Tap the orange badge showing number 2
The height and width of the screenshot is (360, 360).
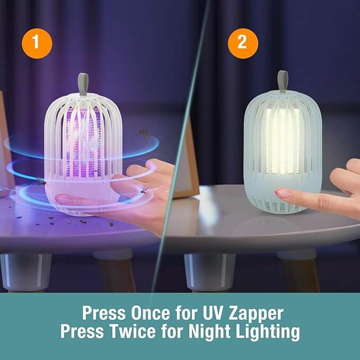(x=242, y=42)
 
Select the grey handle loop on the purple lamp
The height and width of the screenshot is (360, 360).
(x=83, y=84)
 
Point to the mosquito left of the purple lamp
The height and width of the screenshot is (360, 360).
(x=41, y=181)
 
